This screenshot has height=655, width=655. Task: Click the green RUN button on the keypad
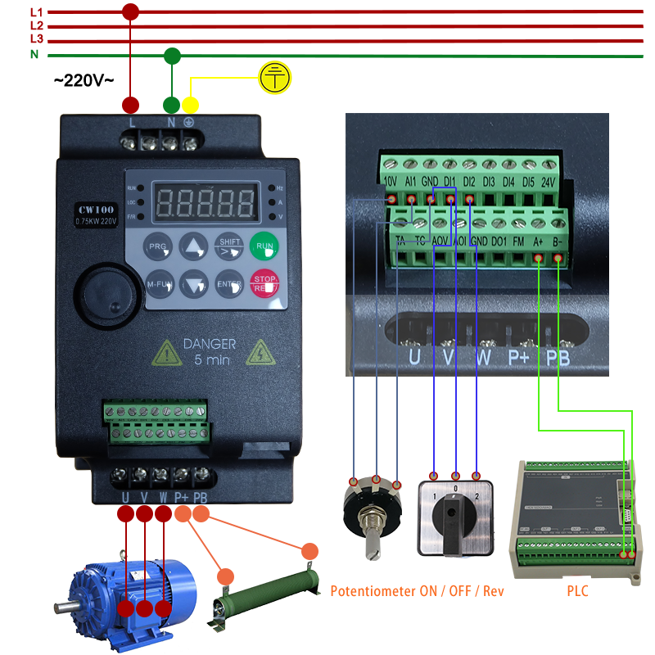(x=264, y=246)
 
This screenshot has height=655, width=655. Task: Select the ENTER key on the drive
(x=229, y=284)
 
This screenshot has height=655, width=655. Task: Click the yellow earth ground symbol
(x=274, y=78)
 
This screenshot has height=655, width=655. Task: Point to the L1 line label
(x=36, y=12)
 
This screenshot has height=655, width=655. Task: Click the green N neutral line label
(x=34, y=54)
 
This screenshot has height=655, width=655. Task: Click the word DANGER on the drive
(x=209, y=345)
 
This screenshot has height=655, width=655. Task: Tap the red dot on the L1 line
(x=129, y=11)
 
